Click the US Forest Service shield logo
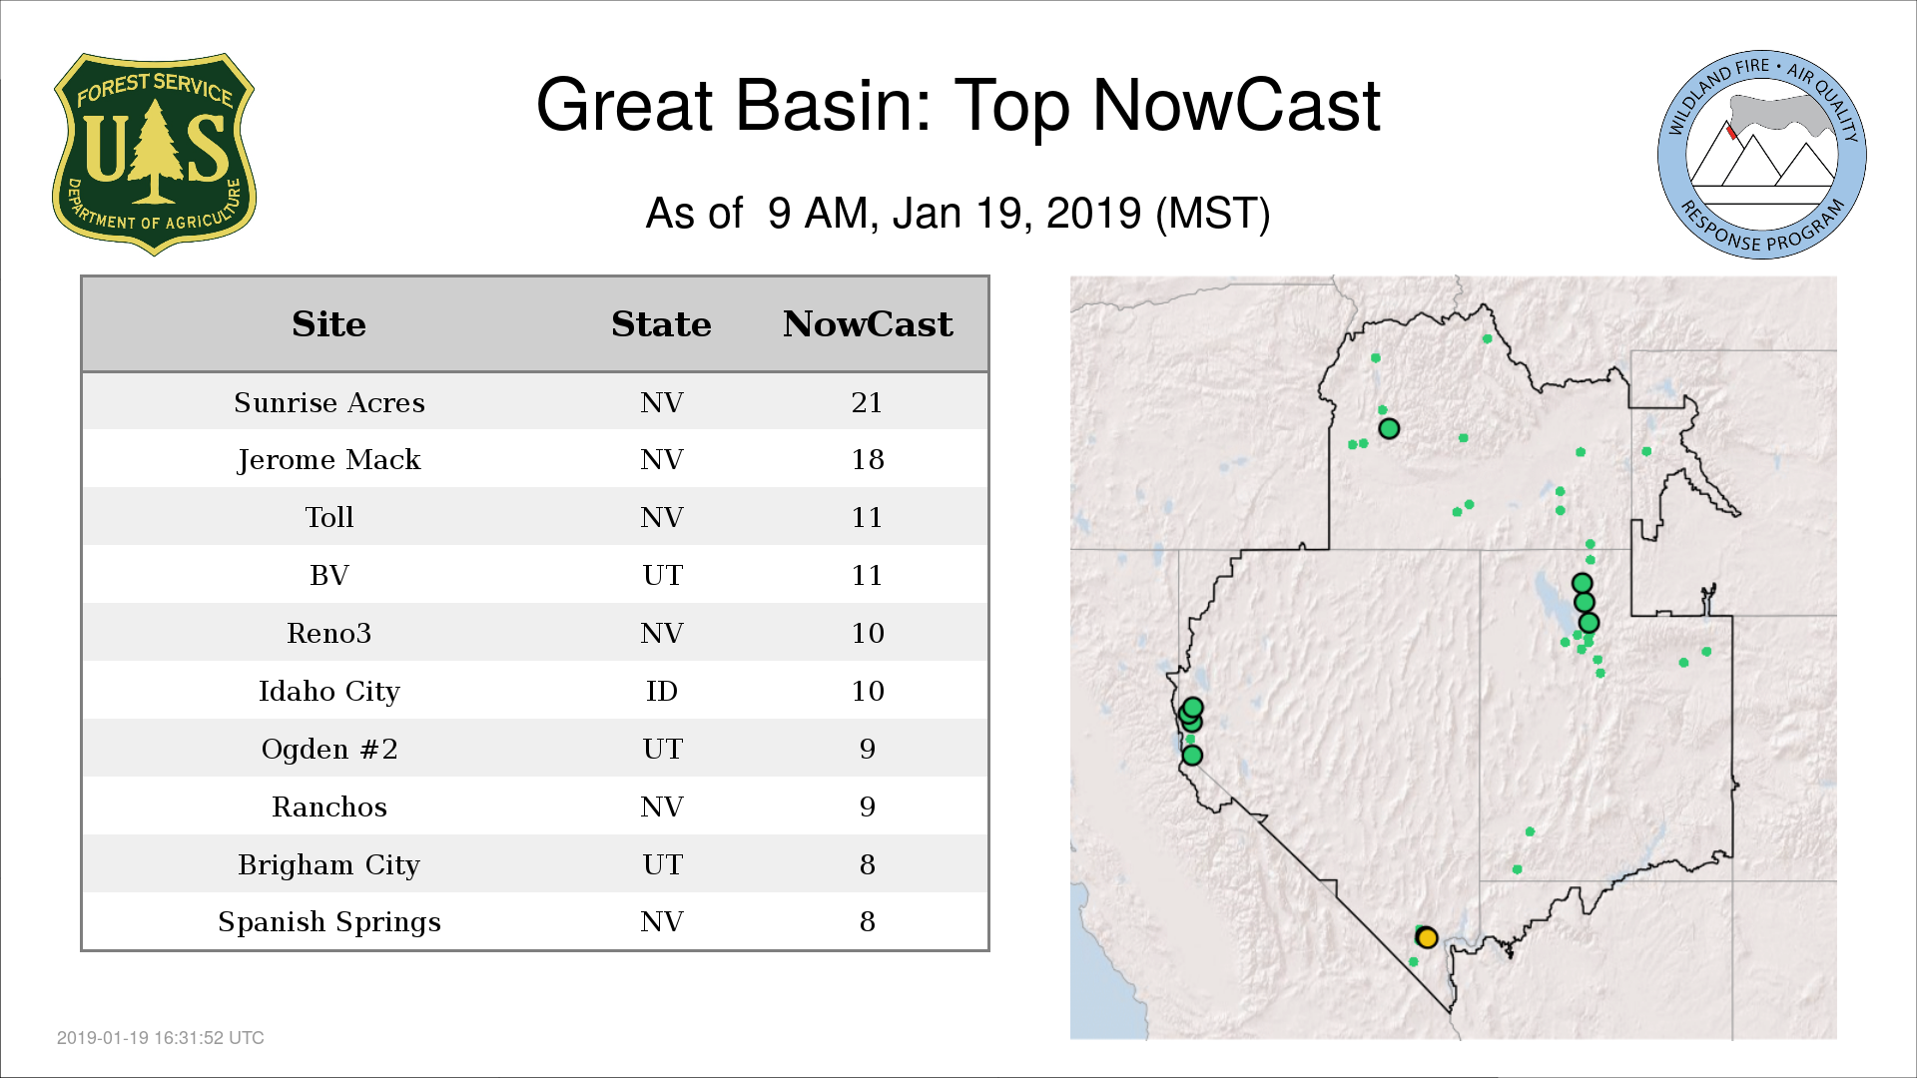pos(154,154)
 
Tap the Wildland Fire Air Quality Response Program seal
pos(1761,155)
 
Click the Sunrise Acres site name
pos(329,402)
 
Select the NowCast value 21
pos(867,402)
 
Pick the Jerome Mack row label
pos(329,460)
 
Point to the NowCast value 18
pos(867,459)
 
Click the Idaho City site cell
pos(329,691)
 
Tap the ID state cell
pos(662,691)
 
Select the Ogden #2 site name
pos(329,749)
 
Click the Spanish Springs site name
pos(329,922)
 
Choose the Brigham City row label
pos(329,864)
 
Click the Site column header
pos(329,324)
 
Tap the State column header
pos(661,324)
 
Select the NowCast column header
pos(868,324)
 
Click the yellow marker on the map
pos(1427,937)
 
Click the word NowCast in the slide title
pos(1236,105)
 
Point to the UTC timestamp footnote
pos(161,1038)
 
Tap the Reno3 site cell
pos(329,633)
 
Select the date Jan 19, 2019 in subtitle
pos(1016,213)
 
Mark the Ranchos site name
pos(329,807)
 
